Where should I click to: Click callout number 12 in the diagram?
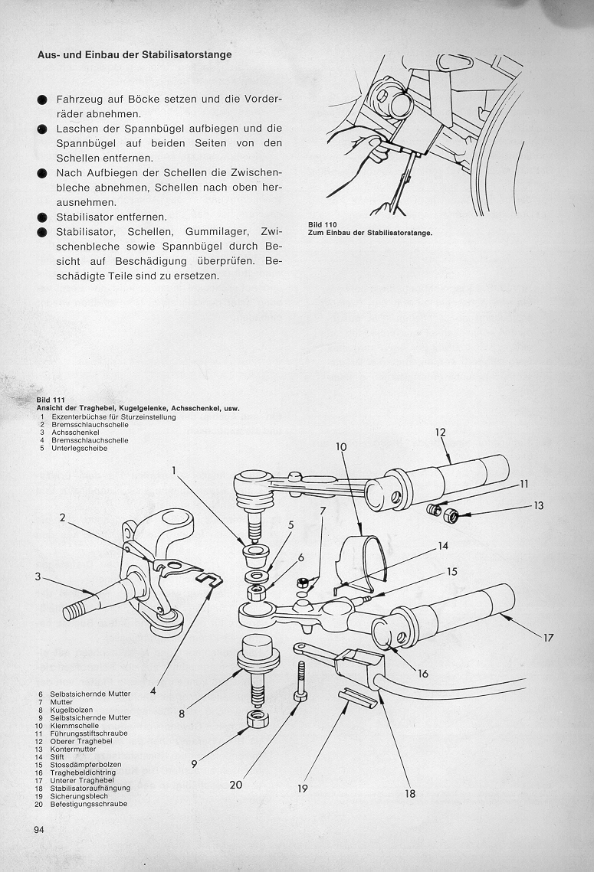[x=440, y=433]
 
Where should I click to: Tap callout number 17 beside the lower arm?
[x=549, y=636]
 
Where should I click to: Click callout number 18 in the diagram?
[x=410, y=794]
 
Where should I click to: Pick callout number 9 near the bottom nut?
[x=193, y=764]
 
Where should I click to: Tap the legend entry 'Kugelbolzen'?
[x=66, y=710]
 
